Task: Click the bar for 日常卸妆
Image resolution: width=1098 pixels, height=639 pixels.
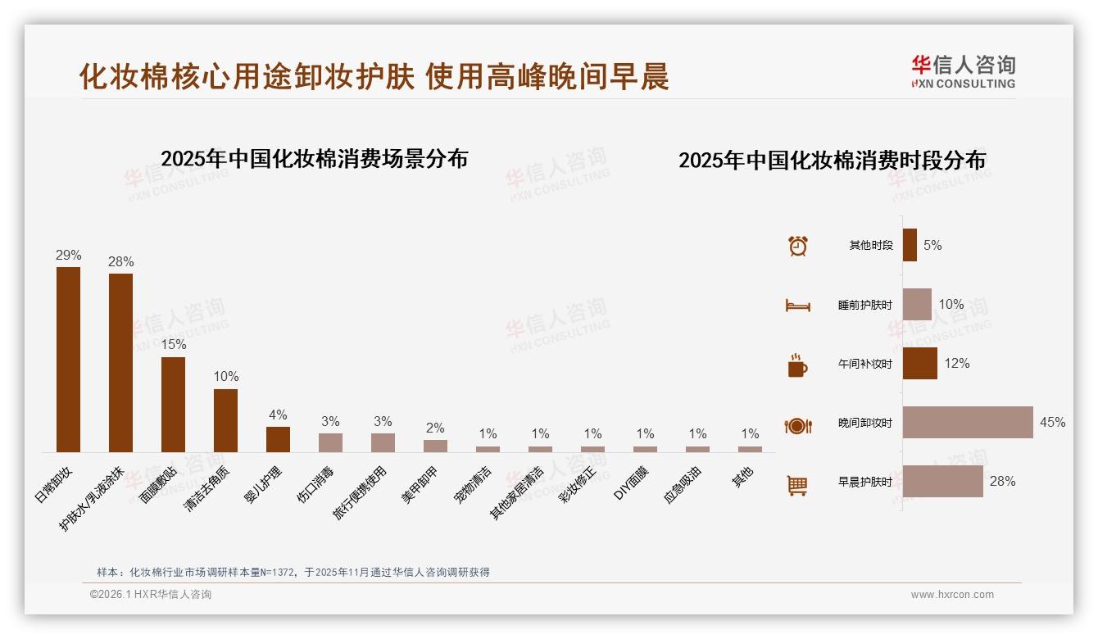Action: [68, 360]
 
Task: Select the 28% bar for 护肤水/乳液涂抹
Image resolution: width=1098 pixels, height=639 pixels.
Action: [120, 363]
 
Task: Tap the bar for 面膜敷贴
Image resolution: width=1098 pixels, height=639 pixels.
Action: [173, 405]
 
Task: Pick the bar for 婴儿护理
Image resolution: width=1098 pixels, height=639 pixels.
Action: [278, 439]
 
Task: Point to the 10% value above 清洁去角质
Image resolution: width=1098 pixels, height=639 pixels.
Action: [225, 377]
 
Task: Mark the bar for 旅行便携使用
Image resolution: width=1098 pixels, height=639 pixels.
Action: [383, 442]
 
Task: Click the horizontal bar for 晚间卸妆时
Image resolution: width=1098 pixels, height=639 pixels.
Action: [968, 423]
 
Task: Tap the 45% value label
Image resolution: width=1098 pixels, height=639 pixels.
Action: [1052, 423]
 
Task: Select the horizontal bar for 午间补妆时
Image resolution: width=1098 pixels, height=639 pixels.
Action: [920, 364]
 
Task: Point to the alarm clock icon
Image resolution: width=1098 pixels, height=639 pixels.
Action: [797, 246]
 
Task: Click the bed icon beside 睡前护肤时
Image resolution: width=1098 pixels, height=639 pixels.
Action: [797, 306]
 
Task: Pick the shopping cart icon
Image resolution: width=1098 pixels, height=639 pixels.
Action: [797, 486]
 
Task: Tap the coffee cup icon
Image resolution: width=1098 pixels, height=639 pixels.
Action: [797, 365]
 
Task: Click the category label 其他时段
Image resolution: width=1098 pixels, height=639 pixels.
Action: [871, 246]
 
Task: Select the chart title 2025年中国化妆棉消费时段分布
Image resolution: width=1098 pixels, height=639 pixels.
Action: [832, 161]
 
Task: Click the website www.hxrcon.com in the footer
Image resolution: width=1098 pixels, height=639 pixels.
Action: [952, 595]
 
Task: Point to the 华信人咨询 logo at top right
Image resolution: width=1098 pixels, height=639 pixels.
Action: [963, 71]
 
